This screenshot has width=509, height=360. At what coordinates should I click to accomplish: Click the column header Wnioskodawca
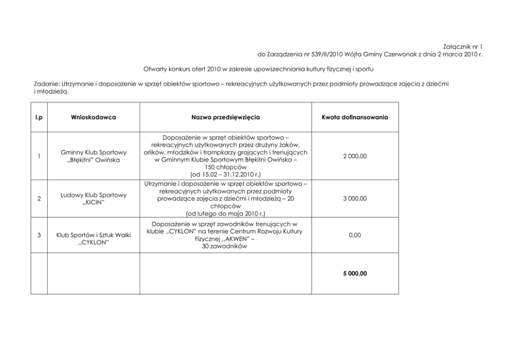(93, 117)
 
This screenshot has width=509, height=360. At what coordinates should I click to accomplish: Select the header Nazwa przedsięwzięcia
(225, 117)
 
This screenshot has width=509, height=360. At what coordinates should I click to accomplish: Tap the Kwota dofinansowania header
(355, 117)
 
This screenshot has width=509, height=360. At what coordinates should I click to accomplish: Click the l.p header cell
(39, 117)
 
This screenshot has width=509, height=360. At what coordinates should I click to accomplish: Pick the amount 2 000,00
(355, 156)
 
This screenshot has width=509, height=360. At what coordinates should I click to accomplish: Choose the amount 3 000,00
(355, 198)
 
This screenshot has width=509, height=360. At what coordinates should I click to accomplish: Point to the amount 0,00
(355, 235)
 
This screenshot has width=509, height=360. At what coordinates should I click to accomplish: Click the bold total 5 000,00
(355, 274)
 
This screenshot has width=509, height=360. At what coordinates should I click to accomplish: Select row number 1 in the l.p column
(39, 156)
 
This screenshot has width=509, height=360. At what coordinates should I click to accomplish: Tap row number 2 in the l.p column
(39, 198)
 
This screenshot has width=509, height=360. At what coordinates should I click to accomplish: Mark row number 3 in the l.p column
(39, 235)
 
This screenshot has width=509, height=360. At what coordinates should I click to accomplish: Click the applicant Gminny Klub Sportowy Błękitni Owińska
(93, 156)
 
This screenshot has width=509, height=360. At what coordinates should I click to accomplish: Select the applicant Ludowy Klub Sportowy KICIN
(93, 199)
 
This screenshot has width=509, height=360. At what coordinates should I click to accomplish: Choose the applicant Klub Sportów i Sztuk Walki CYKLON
(93, 238)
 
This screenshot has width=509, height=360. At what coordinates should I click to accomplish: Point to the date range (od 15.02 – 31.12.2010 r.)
(225, 175)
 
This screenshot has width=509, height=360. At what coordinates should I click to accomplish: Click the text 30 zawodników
(225, 246)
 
